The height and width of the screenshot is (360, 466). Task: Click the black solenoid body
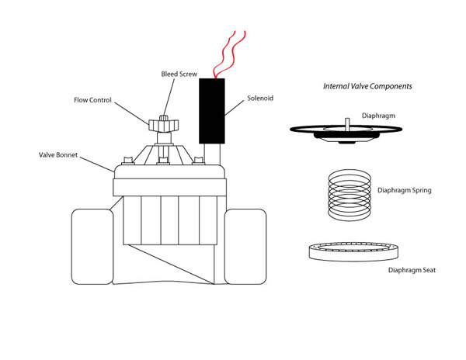pyautogui.click(x=212, y=110)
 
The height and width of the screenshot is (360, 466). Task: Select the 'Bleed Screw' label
pyautogui.click(x=179, y=74)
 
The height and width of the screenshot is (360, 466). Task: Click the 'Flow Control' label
pyautogui.click(x=92, y=100)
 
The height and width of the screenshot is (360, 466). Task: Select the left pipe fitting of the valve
pyautogui.click(x=92, y=246)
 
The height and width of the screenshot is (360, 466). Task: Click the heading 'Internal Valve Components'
pyautogui.click(x=367, y=86)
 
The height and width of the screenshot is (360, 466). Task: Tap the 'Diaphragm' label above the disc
pyautogui.click(x=379, y=116)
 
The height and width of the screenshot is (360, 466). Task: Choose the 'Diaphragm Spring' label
pyautogui.click(x=404, y=190)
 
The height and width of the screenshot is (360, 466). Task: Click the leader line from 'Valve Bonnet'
pyautogui.click(x=97, y=163)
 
